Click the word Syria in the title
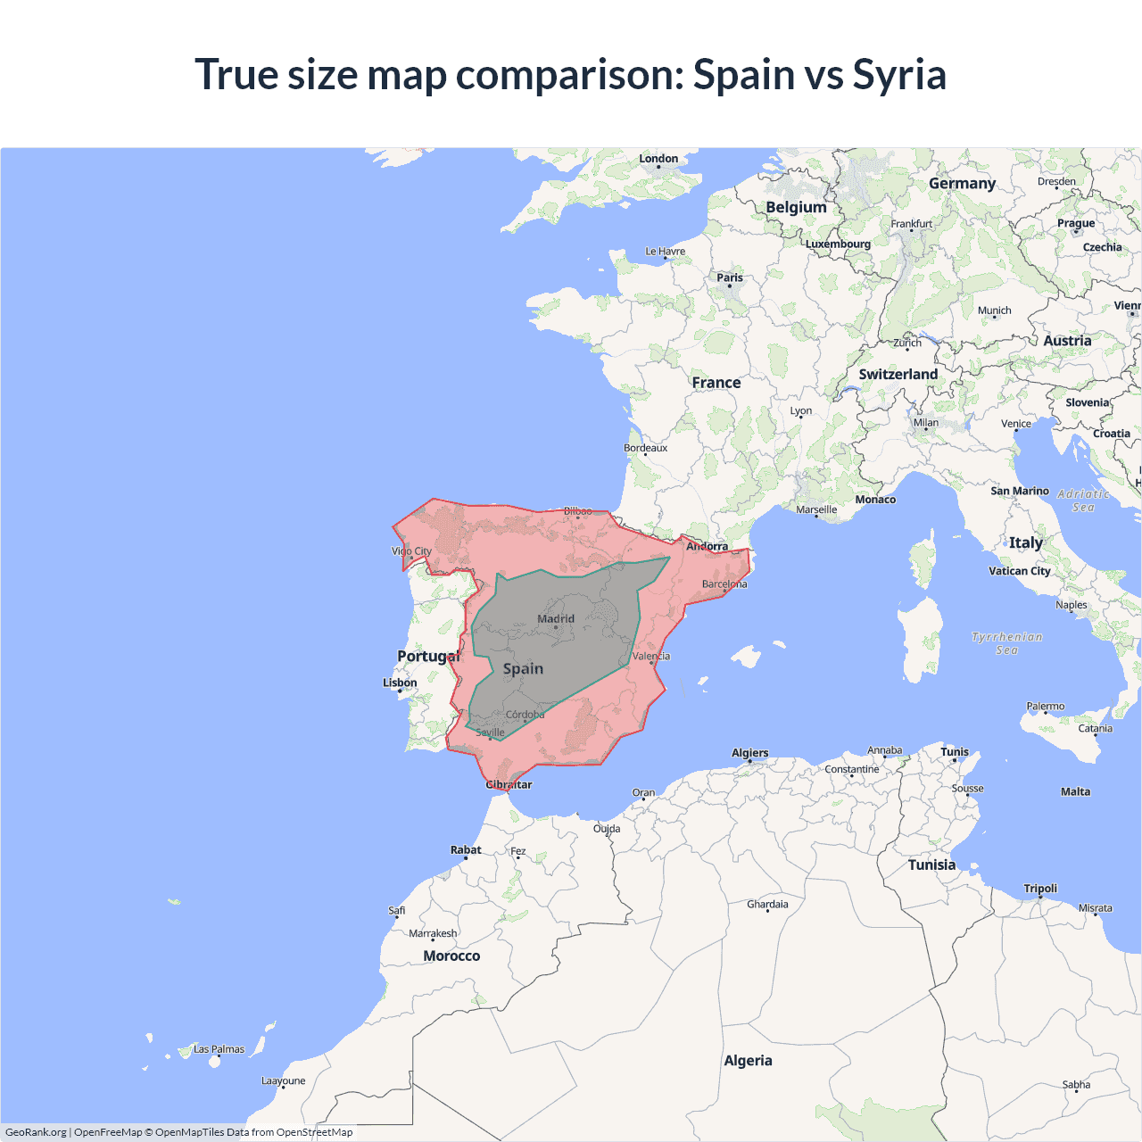tap(898, 75)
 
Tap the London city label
tap(658, 159)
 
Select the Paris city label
tap(730, 277)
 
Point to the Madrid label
tap(556, 618)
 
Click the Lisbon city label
tap(400, 683)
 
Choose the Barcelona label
tap(724, 584)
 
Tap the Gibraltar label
tap(509, 785)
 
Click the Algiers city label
tap(749, 753)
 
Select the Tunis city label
tap(955, 752)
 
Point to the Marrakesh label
tap(433, 933)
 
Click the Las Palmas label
tap(219, 1049)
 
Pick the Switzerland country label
tap(898, 375)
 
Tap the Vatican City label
tap(1020, 571)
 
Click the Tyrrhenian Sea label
tap(1007, 643)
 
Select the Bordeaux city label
tap(645, 448)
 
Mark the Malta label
tap(1075, 791)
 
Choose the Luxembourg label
tap(838, 244)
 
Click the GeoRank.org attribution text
tap(36, 1132)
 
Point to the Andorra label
tap(707, 546)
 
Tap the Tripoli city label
tap(1040, 889)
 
